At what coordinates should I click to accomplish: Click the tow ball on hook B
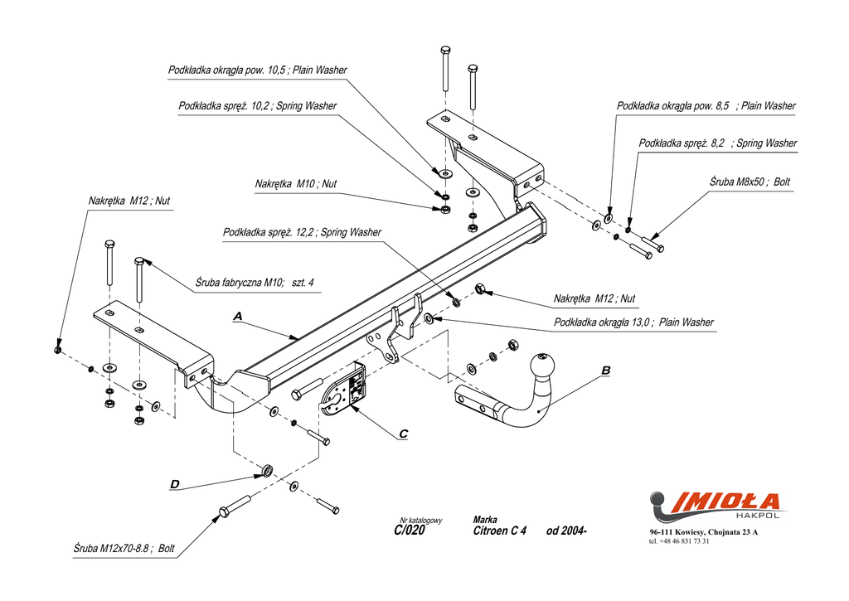click(542, 366)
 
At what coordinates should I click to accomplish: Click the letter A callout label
click(238, 316)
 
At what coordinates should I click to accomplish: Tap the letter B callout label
click(606, 371)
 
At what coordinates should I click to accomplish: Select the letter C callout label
click(404, 434)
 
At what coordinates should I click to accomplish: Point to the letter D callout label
click(174, 484)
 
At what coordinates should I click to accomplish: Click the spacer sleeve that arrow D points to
click(266, 470)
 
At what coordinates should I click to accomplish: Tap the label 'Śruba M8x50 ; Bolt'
click(750, 182)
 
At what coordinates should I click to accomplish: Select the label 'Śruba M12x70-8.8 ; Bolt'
click(124, 549)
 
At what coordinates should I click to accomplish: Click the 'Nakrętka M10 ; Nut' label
click(296, 184)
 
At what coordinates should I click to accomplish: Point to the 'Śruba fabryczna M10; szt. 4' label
click(255, 283)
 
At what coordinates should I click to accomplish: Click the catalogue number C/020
click(410, 531)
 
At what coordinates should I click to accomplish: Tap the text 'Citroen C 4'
click(500, 531)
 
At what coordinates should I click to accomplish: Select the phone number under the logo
click(679, 541)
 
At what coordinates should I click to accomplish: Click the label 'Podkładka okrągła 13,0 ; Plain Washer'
click(633, 322)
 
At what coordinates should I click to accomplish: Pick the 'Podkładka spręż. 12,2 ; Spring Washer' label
click(302, 232)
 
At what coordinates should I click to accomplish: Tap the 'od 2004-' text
click(566, 531)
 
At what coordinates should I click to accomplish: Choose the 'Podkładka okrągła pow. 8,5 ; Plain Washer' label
click(706, 106)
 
